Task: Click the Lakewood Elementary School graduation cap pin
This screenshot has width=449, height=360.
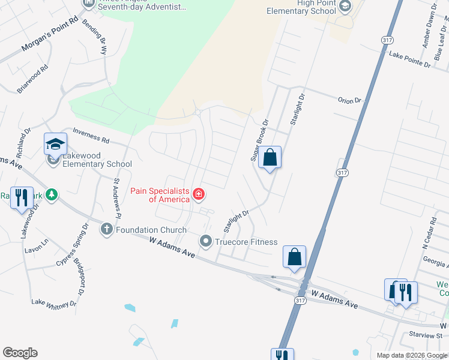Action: pyautogui.click(x=55, y=145)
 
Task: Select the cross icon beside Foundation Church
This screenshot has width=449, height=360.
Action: pyautogui.click(x=107, y=229)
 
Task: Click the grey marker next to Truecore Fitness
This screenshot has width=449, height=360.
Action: pyautogui.click(x=206, y=242)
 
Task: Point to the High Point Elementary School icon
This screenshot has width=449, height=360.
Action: pyautogui.click(x=345, y=7)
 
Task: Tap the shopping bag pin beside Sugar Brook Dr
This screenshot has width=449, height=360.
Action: pyautogui.click(x=270, y=158)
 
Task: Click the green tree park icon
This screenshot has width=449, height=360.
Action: pyautogui.click(x=53, y=194)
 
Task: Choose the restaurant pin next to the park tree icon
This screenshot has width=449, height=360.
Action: pyautogui.click(x=22, y=197)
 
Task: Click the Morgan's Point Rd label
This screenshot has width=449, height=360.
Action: pyautogui.click(x=51, y=36)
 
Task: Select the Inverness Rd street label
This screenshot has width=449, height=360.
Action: pyautogui.click(x=91, y=134)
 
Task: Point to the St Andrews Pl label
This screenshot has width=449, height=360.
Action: pyautogui.click(x=118, y=198)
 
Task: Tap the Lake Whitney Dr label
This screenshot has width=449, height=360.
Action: pyautogui.click(x=54, y=302)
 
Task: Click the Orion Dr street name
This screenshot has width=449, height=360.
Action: pyautogui.click(x=350, y=101)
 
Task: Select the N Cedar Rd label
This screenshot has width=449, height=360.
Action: pyautogui.click(x=428, y=235)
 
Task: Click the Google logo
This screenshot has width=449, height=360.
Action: pyautogui.click(x=20, y=353)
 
